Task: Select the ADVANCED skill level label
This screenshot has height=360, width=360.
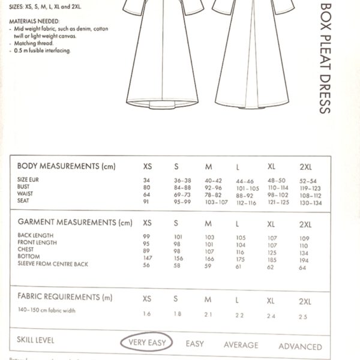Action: (300, 346)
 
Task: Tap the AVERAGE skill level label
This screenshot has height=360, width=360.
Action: (241, 345)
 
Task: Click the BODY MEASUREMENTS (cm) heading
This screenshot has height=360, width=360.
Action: (66, 166)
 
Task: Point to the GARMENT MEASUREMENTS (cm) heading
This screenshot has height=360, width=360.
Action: (74, 223)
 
